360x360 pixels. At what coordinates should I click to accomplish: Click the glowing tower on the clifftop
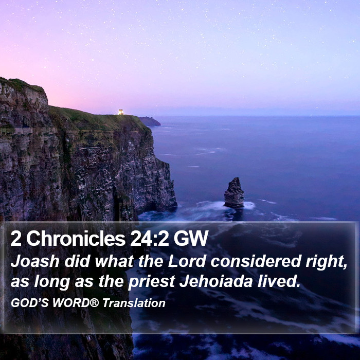point(121,112)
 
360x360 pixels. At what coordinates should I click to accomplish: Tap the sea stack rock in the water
point(234,193)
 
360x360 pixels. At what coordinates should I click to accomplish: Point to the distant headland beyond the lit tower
point(150,121)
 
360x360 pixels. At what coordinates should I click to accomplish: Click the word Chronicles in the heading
point(76,239)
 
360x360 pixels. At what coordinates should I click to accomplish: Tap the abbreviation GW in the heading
point(191,239)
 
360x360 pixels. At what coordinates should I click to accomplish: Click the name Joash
point(35,261)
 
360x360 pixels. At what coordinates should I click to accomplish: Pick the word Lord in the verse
point(187,261)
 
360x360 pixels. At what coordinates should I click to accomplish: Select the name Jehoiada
point(216,281)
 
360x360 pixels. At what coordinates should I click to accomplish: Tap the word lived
point(279,281)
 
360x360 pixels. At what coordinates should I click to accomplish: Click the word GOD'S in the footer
point(30,303)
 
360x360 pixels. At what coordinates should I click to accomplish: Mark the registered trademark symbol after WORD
point(94,302)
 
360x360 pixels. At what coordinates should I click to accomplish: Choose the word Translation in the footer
point(134,303)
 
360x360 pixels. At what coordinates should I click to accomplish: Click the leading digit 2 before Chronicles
point(16,239)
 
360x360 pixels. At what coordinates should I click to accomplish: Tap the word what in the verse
point(114,261)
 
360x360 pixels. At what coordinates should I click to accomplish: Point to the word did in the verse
point(77,261)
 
